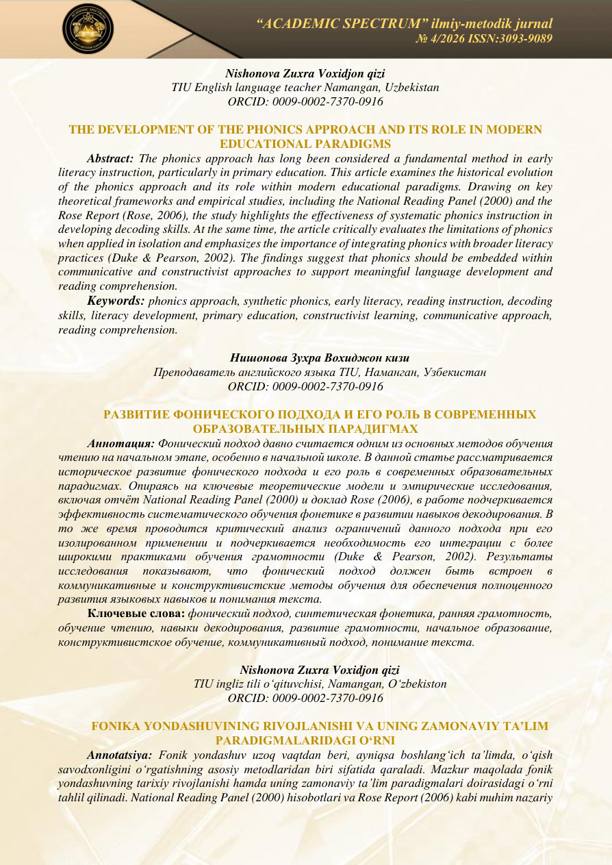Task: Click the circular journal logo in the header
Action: tap(88, 29)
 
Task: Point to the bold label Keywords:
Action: tap(116, 301)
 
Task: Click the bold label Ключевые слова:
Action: tap(136, 612)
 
